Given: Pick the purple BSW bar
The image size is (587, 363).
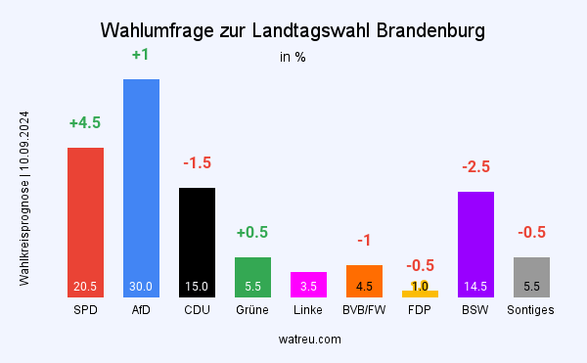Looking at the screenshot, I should click(475, 244).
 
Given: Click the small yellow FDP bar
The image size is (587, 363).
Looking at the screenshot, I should click(420, 294).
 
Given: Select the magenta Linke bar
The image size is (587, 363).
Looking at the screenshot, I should click(308, 284).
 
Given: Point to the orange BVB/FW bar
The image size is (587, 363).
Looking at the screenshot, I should click(364, 281).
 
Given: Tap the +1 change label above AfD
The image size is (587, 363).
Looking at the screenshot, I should click(141, 55).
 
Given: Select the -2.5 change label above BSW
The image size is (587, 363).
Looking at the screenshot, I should click(475, 167).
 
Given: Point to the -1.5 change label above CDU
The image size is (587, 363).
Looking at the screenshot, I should click(197, 162).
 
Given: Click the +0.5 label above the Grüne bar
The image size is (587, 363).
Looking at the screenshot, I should click(252, 232).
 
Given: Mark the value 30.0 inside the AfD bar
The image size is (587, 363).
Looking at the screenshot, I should click(141, 287).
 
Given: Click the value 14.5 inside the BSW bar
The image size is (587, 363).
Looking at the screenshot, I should click(475, 287).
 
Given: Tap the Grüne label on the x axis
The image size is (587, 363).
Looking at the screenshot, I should click(252, 310).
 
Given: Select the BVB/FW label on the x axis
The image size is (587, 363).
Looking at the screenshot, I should click(364, 310).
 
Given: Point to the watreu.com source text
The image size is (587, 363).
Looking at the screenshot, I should click(308, 339).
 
